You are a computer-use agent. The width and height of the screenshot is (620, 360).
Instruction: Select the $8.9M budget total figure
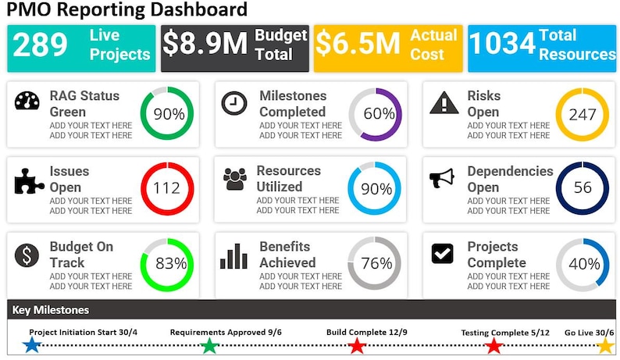coord(205,45)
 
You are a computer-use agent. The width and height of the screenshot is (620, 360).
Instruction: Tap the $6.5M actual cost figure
coord(358,45)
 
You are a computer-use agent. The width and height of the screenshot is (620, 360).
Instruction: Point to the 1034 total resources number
coord(502,45)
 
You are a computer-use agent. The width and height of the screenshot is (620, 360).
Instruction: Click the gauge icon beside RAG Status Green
coord(27,103)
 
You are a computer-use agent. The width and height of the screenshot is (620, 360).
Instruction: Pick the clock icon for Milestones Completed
coord(233,103)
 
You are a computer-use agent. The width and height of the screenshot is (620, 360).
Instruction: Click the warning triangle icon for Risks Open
coord(444,103)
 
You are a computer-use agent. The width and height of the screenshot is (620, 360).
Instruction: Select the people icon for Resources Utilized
coord(234,179)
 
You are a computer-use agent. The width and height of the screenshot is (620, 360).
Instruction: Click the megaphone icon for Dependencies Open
coord(442,179)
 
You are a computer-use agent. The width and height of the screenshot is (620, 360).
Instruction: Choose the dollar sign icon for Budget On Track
coord(27,255)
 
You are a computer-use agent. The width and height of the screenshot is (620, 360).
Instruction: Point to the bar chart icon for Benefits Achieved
coord(233,255)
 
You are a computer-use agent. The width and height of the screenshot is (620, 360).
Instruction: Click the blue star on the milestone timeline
coord(32,345)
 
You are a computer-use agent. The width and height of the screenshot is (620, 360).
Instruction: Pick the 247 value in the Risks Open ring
coord(583,114)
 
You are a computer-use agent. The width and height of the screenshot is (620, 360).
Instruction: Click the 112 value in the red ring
coord(167,188)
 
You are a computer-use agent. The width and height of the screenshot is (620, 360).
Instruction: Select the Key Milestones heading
coord(50,310)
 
